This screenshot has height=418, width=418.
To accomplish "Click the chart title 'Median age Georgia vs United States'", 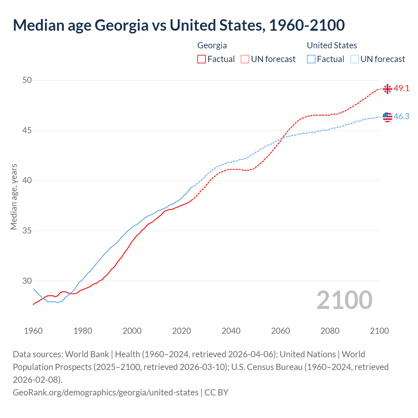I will pos(179,25).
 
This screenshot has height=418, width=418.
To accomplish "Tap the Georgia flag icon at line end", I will pos(387,89).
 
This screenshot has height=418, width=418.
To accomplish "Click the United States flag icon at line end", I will pos(387,117).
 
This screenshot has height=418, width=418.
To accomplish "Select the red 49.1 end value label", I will pos(401,88).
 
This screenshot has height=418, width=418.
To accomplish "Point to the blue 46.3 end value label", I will pos(401,116).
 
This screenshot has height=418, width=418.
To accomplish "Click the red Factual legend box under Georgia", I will pos(201,59).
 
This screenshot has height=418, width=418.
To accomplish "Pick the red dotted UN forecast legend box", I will pos(245,59).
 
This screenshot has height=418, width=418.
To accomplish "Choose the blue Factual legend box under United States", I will pos(311,59).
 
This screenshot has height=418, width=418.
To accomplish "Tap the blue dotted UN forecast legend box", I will pos(354,59).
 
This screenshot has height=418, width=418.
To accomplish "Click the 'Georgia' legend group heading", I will pos(212,45).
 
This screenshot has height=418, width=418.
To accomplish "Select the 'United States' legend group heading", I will pos(332,45).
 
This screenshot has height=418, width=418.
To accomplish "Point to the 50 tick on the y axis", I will pos(27,80).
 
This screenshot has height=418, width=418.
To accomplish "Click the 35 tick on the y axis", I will pos(27,231).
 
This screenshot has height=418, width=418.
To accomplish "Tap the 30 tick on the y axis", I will pos(27,281).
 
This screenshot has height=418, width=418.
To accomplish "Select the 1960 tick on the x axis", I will pos(33,331).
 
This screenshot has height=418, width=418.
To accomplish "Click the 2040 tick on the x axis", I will pos(231,331).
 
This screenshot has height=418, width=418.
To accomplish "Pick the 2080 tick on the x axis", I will pos(330,331).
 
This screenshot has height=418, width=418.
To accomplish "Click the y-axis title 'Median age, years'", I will pos(14,197).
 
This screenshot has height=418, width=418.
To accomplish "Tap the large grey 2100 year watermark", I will pos(344,300).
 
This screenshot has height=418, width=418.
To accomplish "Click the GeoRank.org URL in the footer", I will pos(105,392).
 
